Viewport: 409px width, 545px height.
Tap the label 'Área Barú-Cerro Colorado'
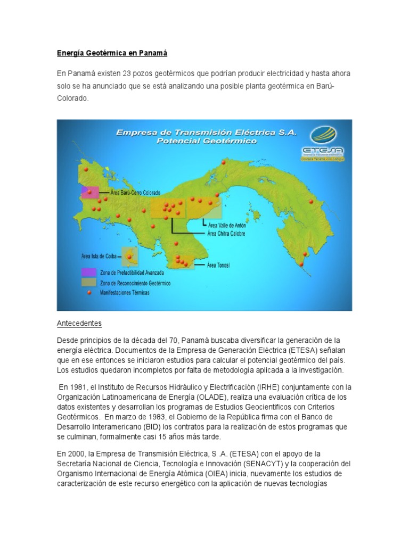(135, 192)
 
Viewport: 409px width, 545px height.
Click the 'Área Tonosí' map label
(218, 265)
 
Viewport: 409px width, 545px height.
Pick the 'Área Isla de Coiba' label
(99, 256)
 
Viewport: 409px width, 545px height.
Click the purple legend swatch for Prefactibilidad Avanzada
(88, 272)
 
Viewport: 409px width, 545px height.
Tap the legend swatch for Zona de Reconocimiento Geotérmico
(88, 283)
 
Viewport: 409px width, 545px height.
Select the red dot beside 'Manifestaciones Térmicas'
(89, 292)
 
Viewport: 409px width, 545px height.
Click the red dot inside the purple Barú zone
(89, 192)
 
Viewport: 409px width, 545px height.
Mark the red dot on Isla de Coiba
(129, 257)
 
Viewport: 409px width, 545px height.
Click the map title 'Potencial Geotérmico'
(207, 142)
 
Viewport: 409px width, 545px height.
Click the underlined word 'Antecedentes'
(79, 323)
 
